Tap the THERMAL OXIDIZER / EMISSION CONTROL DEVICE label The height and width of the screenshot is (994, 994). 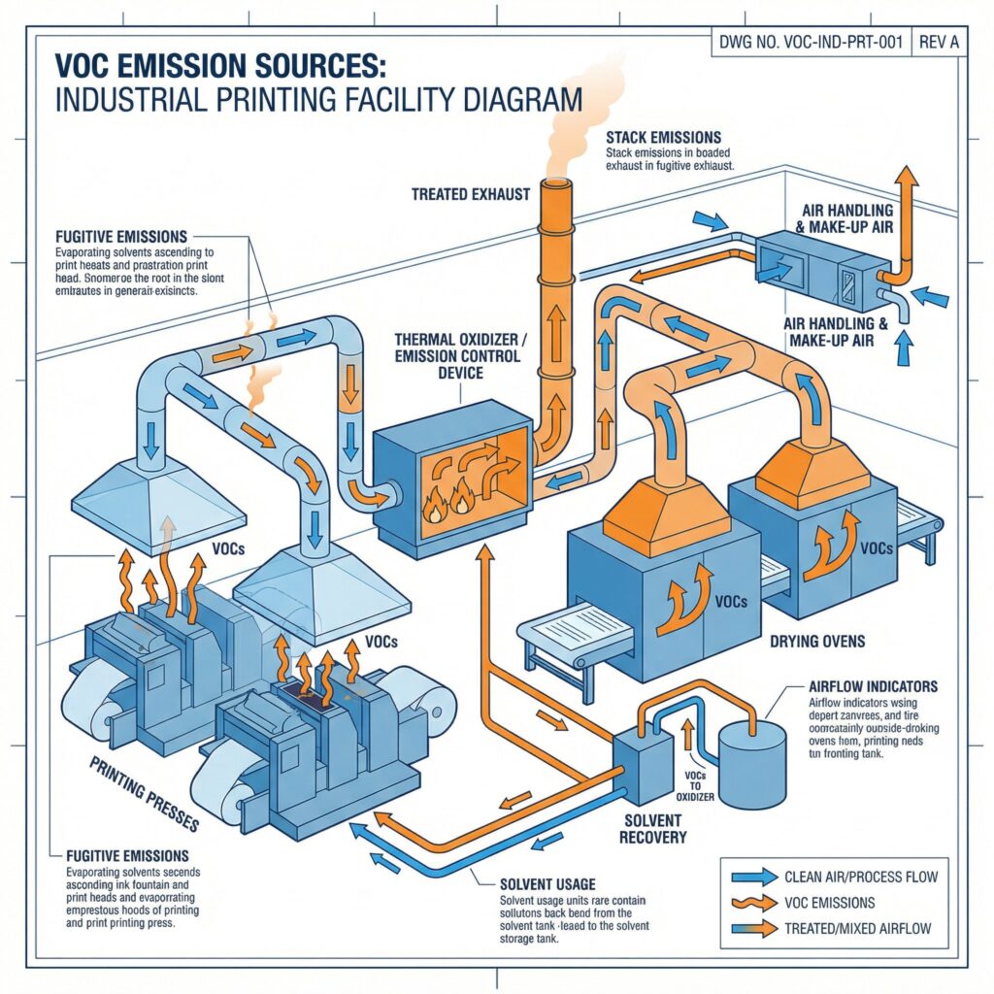(x=456, y=355)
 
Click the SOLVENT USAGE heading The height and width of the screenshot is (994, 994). (x=535, y=883)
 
